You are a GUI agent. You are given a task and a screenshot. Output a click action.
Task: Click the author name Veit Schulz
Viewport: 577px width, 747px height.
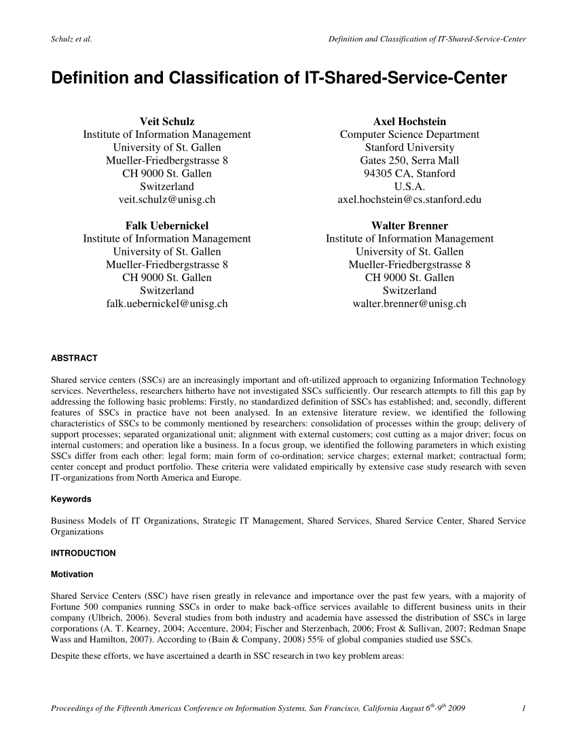[x=166, y=122]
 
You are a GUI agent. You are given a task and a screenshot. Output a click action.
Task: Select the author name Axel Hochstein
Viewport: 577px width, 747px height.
[x=409, y=122]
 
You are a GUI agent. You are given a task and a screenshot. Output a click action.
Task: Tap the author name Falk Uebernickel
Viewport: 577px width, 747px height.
[x=166, y=225]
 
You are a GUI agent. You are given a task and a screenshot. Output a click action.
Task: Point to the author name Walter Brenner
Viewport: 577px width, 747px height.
[x=409, y=225]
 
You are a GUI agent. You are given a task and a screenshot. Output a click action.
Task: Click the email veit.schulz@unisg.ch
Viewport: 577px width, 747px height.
[x=166, y=200]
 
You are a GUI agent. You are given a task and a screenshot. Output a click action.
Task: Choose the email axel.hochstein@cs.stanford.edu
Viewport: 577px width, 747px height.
[x=409, y=200]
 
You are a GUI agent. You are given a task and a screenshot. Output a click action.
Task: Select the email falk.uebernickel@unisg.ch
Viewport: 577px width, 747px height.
[x=166, y=304]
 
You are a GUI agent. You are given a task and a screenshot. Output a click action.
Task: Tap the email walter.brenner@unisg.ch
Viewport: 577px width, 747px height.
[x=409, y=304]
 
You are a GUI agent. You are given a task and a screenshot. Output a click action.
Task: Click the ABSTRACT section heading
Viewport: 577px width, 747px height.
[x=75, y=358]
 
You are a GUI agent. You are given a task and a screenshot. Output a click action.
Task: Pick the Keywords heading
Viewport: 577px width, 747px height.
[x=71, y=499]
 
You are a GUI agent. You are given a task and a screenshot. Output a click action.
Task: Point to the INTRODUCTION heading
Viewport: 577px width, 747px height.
[x=83, y=553]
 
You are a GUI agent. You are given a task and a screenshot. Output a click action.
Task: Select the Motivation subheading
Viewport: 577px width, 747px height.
[x=72, y=575]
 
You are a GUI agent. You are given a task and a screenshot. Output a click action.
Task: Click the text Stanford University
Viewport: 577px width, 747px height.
[x=409, y=147]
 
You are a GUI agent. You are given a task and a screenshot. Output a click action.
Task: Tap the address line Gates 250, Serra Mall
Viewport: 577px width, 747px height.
[x=409, y=160]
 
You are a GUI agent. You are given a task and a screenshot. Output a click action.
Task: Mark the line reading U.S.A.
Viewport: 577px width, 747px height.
[x=409, y=186]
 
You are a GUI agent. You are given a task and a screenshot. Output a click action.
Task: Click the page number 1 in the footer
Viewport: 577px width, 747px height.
[x=525, y=710]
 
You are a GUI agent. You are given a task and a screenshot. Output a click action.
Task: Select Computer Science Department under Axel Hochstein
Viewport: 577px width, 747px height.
[x=409, y=134]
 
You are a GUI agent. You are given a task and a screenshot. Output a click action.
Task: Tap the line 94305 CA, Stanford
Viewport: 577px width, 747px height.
[x=409, y=173]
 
